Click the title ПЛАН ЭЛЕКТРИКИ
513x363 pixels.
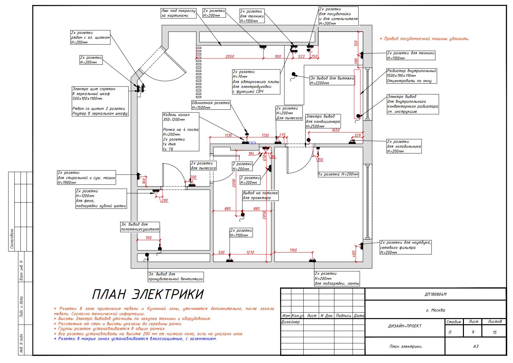click(148, 295)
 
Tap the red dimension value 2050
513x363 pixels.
click(229, 57)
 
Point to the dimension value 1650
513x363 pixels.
click(336, 130)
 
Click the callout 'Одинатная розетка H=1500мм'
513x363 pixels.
click(211, 105)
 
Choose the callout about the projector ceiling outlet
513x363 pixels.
click(260, 195)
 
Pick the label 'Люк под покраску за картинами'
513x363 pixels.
click(178, 13)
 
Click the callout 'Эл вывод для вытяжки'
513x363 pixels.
click(332, 80)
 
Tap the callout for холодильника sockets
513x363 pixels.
click(404, 146)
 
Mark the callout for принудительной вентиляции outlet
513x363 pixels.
click(176, 276)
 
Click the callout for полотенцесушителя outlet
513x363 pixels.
click(140, 227)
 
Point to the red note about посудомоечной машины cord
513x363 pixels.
click(424, 39)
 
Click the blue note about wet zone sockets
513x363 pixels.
click(135, 339)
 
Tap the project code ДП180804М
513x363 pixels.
click(435, 294)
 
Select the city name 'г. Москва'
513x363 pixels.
click(435, 310)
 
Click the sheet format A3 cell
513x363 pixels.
click(476, 346)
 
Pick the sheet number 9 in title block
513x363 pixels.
click(473, 332)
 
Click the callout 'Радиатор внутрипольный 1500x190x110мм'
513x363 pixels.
click(411, 76)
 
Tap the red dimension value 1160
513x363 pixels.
click(293, 250)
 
